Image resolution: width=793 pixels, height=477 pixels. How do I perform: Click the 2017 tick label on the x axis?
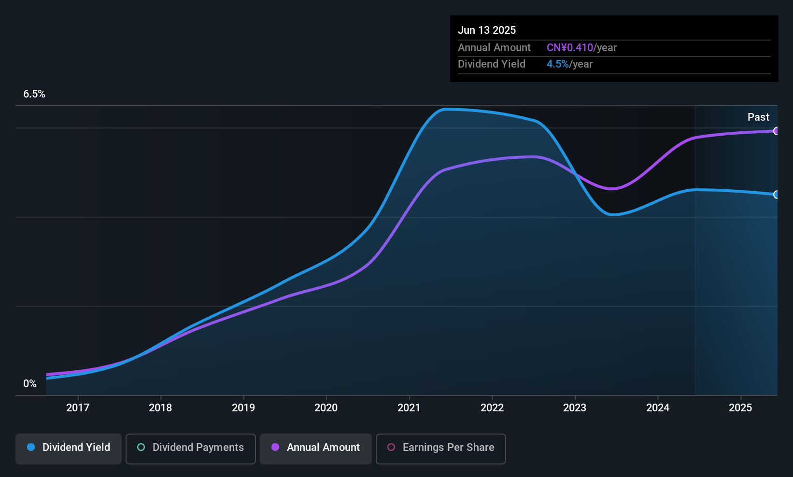pyautogui.click(x=78, y=407)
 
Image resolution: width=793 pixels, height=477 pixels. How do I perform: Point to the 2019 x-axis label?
pyautogui.click(x=243, y=407)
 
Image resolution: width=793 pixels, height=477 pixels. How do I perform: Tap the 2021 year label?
pyautogui.click(x=409, y=407)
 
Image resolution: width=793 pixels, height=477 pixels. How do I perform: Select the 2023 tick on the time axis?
pyautogui.click(x=575, y=407)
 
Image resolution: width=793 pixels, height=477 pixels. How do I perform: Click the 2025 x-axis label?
pyautogui.click(x=740, y=407)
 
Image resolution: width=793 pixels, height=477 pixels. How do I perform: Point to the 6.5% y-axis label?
pyautogui.click(x=34, y=94)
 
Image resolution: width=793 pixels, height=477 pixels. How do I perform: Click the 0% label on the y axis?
pyautogui.click(x=30, y=384)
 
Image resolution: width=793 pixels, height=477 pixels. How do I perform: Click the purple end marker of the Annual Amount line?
pyautogui.click(x=776, y=131)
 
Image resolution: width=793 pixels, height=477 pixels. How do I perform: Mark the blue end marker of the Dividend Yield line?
pyautogui.click(x=776, y=195)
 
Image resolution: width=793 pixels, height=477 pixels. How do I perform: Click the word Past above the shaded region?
pyautogui.click(x=758, y=117)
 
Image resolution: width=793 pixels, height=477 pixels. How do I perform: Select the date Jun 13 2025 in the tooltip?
pyautogui.click(x=487, y=30)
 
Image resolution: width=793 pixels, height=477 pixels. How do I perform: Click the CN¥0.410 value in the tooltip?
pyautogui.click(x=570, y=48)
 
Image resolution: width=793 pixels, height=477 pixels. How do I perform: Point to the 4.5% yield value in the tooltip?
pyautogui.click(x=558, y=64)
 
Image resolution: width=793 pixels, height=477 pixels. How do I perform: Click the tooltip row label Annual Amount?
pyautogui.click(x=494, y=48)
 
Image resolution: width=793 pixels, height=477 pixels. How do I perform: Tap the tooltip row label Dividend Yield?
pyautogui.click(x=492, y=64)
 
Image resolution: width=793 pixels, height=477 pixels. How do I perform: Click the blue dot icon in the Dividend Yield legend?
pyautogui.click(x=31, y=447)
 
